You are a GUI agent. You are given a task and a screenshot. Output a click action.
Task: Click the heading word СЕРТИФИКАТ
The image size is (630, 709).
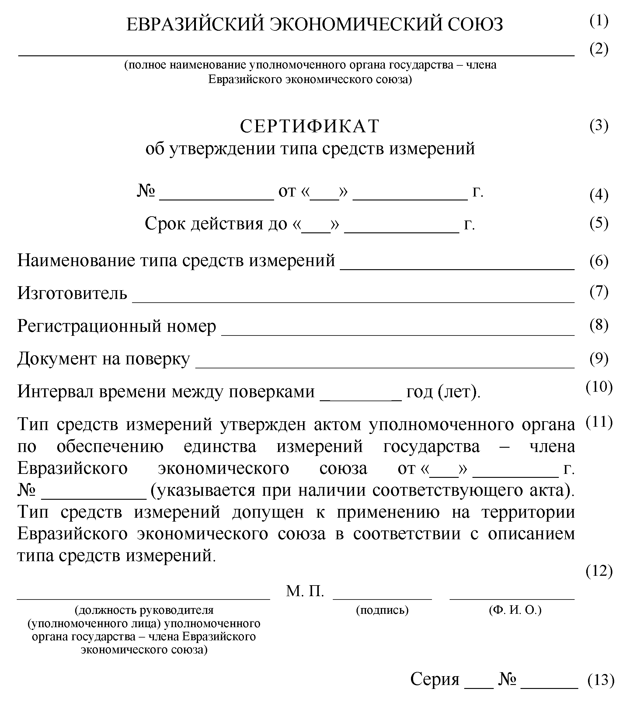[x=310, y=126]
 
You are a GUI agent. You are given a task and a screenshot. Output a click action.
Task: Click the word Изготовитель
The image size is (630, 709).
[x=72, y=293]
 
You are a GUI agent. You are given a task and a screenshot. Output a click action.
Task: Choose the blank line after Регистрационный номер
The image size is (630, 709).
[x=398, y=334]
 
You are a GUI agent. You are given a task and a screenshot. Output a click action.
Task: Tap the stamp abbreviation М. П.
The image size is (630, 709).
[x=305, y=591]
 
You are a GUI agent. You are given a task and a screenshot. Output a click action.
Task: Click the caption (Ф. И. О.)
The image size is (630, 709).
[x=515, y=610]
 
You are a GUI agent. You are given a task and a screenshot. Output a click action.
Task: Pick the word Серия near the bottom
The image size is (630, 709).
[x=435, y=679]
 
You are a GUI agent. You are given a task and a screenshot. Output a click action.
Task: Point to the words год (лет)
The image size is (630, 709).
[x=443, y=392]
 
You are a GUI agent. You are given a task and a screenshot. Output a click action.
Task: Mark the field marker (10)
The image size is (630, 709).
[x=599, y=387]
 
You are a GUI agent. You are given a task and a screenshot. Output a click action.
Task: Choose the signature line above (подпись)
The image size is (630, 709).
[x=382, y=599]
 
